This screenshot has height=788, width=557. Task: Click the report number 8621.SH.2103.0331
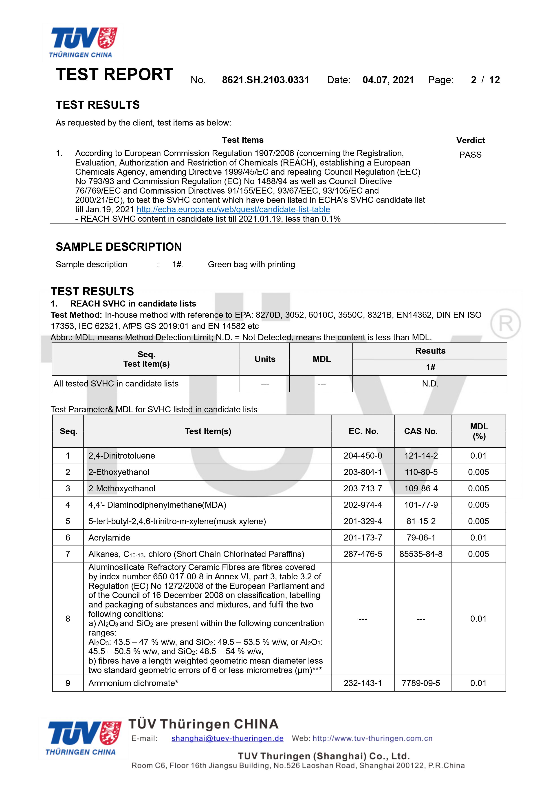(265, 80)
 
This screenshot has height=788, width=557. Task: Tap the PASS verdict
(470, 155)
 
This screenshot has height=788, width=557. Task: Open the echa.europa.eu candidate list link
(233, 209)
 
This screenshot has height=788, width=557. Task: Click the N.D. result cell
(430, 384)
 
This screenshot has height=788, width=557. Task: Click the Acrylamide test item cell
(109, 538)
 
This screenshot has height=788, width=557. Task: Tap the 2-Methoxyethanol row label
(122, 488)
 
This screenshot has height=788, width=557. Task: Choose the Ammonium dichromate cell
(133, 683)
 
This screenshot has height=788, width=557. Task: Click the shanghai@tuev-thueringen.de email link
(227, 738)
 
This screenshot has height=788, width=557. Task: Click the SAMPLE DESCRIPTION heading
(119, 247)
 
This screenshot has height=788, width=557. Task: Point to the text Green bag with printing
(251, 264)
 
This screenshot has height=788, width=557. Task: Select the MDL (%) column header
(479, 431)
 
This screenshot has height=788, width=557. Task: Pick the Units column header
(265, 359)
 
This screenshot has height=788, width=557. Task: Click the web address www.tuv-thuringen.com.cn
(372, 738)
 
